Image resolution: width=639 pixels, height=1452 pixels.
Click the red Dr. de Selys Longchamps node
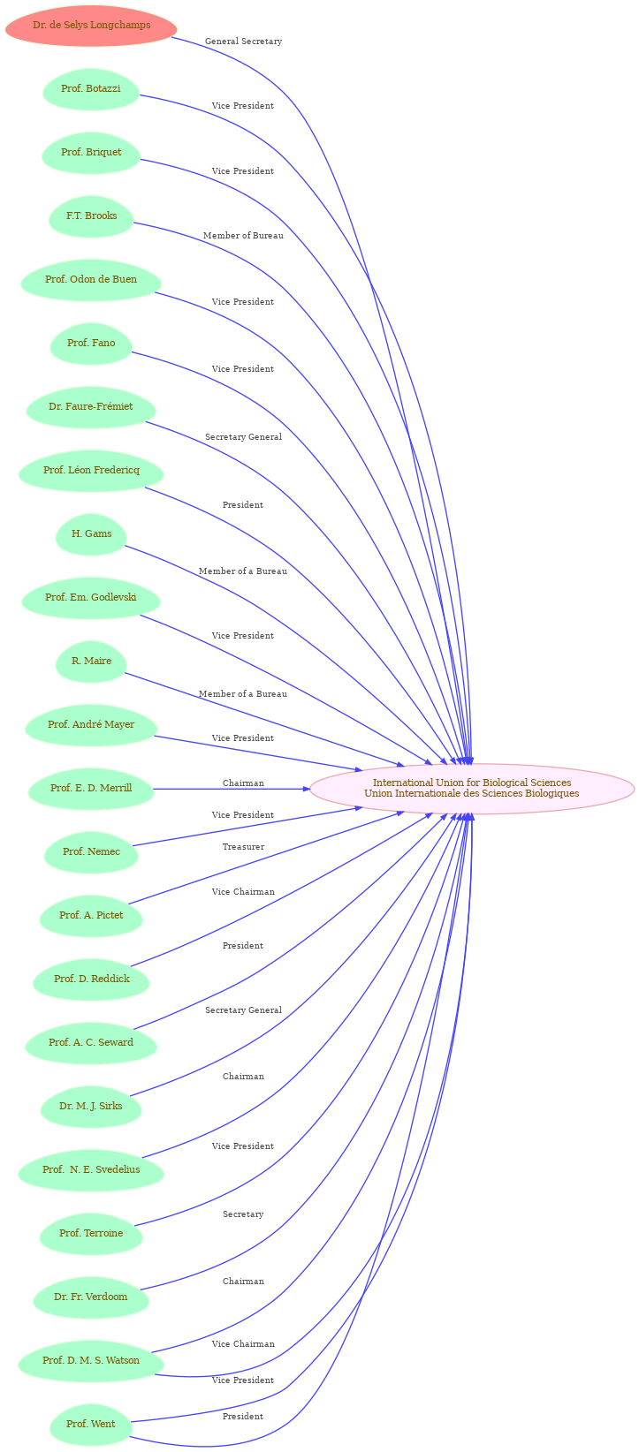(x=91, y=26)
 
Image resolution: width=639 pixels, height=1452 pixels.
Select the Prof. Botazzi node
(x=91, y=89)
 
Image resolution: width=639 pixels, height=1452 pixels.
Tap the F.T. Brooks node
(x=91, y=216)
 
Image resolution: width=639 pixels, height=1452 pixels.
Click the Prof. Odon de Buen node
(x=91, y=280)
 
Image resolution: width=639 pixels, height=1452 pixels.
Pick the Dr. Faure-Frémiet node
(x=91, y=407)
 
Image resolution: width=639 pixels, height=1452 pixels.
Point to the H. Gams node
(x=91, y=534)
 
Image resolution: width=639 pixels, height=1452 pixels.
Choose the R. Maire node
(x=91, y=662)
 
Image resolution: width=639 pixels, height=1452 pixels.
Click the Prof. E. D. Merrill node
(x=91, y=789)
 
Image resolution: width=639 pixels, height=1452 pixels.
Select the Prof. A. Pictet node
(x=91, y=916)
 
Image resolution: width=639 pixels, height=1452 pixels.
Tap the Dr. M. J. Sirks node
(x=91, y=1107)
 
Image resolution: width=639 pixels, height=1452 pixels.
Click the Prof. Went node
(x=91, y=1425)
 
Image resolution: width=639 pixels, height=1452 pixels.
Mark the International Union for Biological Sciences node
(x=472, y=788)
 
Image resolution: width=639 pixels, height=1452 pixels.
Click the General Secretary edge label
(x=243, y=42)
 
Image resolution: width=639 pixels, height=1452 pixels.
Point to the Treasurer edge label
(x=243, y=847)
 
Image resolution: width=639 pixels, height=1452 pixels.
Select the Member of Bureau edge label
(x=243, y=236)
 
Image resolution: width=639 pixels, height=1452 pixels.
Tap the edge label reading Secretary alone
(x=243, y=1214)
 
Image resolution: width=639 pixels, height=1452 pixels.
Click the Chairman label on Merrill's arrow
(x=243, y=783)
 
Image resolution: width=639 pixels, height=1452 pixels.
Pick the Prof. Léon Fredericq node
(x=91, y=471)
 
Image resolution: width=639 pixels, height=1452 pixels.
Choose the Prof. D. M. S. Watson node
(x=91, y=1361)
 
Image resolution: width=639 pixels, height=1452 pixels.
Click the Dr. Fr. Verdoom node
(x=91, y=1297)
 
